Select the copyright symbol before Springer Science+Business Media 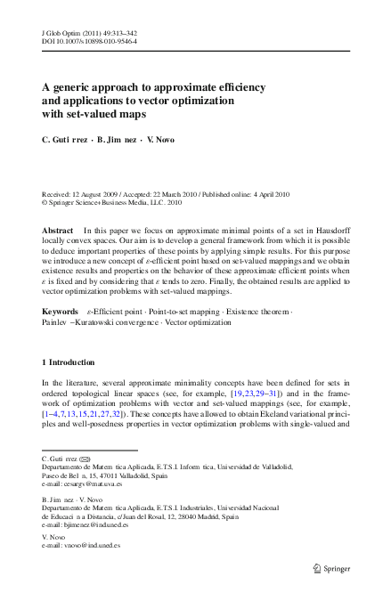pyautogui.click(x=45, y=202)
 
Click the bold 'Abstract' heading pyautogui.click(x=58, y=230)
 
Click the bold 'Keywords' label pyautogui.click(x=61, y=312)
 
